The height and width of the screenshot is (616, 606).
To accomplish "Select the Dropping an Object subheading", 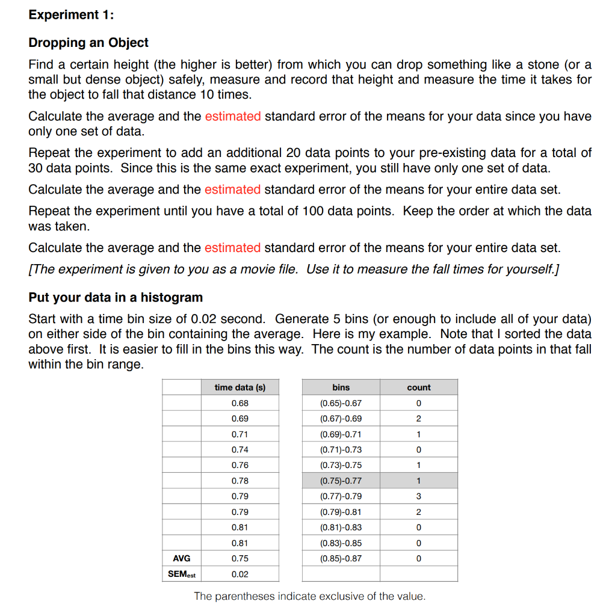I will [88, 43].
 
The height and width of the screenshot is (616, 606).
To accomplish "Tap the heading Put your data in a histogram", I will [116, 297].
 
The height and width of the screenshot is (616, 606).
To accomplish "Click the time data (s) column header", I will [240, 387].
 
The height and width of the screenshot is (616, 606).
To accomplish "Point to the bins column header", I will [341, 387].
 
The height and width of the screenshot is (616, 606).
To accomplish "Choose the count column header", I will [418, 387].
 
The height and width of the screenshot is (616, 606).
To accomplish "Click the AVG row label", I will [181, 558].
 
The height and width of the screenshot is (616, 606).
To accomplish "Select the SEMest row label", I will [181, 574].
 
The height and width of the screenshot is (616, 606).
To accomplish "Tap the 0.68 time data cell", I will [240, 403].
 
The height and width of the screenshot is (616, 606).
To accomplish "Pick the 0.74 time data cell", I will [240, 449].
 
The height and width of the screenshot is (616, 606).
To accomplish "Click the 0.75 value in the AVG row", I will [240, 558].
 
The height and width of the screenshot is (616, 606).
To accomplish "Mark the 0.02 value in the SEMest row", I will [240, 574].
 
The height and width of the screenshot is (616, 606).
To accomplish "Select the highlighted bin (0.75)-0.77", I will [341, 481].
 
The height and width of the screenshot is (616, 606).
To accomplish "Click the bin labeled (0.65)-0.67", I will [341, 403].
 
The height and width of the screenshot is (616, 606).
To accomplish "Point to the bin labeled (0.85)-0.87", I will [341, 558].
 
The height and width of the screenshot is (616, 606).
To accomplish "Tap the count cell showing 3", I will [418, 496].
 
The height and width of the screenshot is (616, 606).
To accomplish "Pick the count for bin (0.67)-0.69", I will [418, 419].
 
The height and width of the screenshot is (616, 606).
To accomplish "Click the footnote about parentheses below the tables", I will [309, 596].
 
